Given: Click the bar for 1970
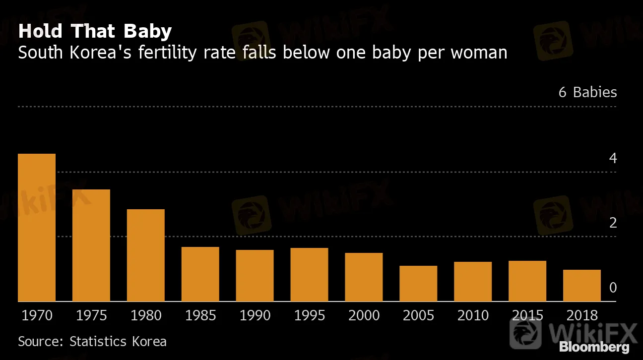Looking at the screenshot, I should point(37,228).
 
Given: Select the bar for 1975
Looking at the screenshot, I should point(91,245).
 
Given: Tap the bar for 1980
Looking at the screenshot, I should point(146,255).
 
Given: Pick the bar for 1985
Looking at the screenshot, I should point(200,274).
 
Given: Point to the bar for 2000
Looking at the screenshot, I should point(364,277).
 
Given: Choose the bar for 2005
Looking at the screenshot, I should point(418,284).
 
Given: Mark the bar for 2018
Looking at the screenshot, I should point(582,286).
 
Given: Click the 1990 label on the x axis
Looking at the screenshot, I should point(255,316).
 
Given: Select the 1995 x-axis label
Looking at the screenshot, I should point(310,316).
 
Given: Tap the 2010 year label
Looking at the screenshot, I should point(473,316).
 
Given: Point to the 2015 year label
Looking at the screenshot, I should point(527,316).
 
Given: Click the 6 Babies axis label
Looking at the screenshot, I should point(587,93).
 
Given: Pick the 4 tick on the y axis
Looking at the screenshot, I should point(613,159).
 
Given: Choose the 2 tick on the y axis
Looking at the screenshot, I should point(613,223).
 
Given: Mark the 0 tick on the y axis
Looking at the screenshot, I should point(613,288).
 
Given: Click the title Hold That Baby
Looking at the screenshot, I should point(95,32).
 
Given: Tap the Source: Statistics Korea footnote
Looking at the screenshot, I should point(92,341).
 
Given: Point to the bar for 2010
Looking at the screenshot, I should point(473,282).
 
